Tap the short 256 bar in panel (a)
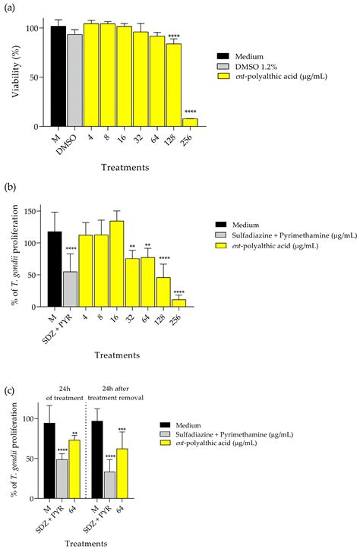tap(191, 122)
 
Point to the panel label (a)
tap(11, 7)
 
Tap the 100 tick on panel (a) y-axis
tap(33, 28)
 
